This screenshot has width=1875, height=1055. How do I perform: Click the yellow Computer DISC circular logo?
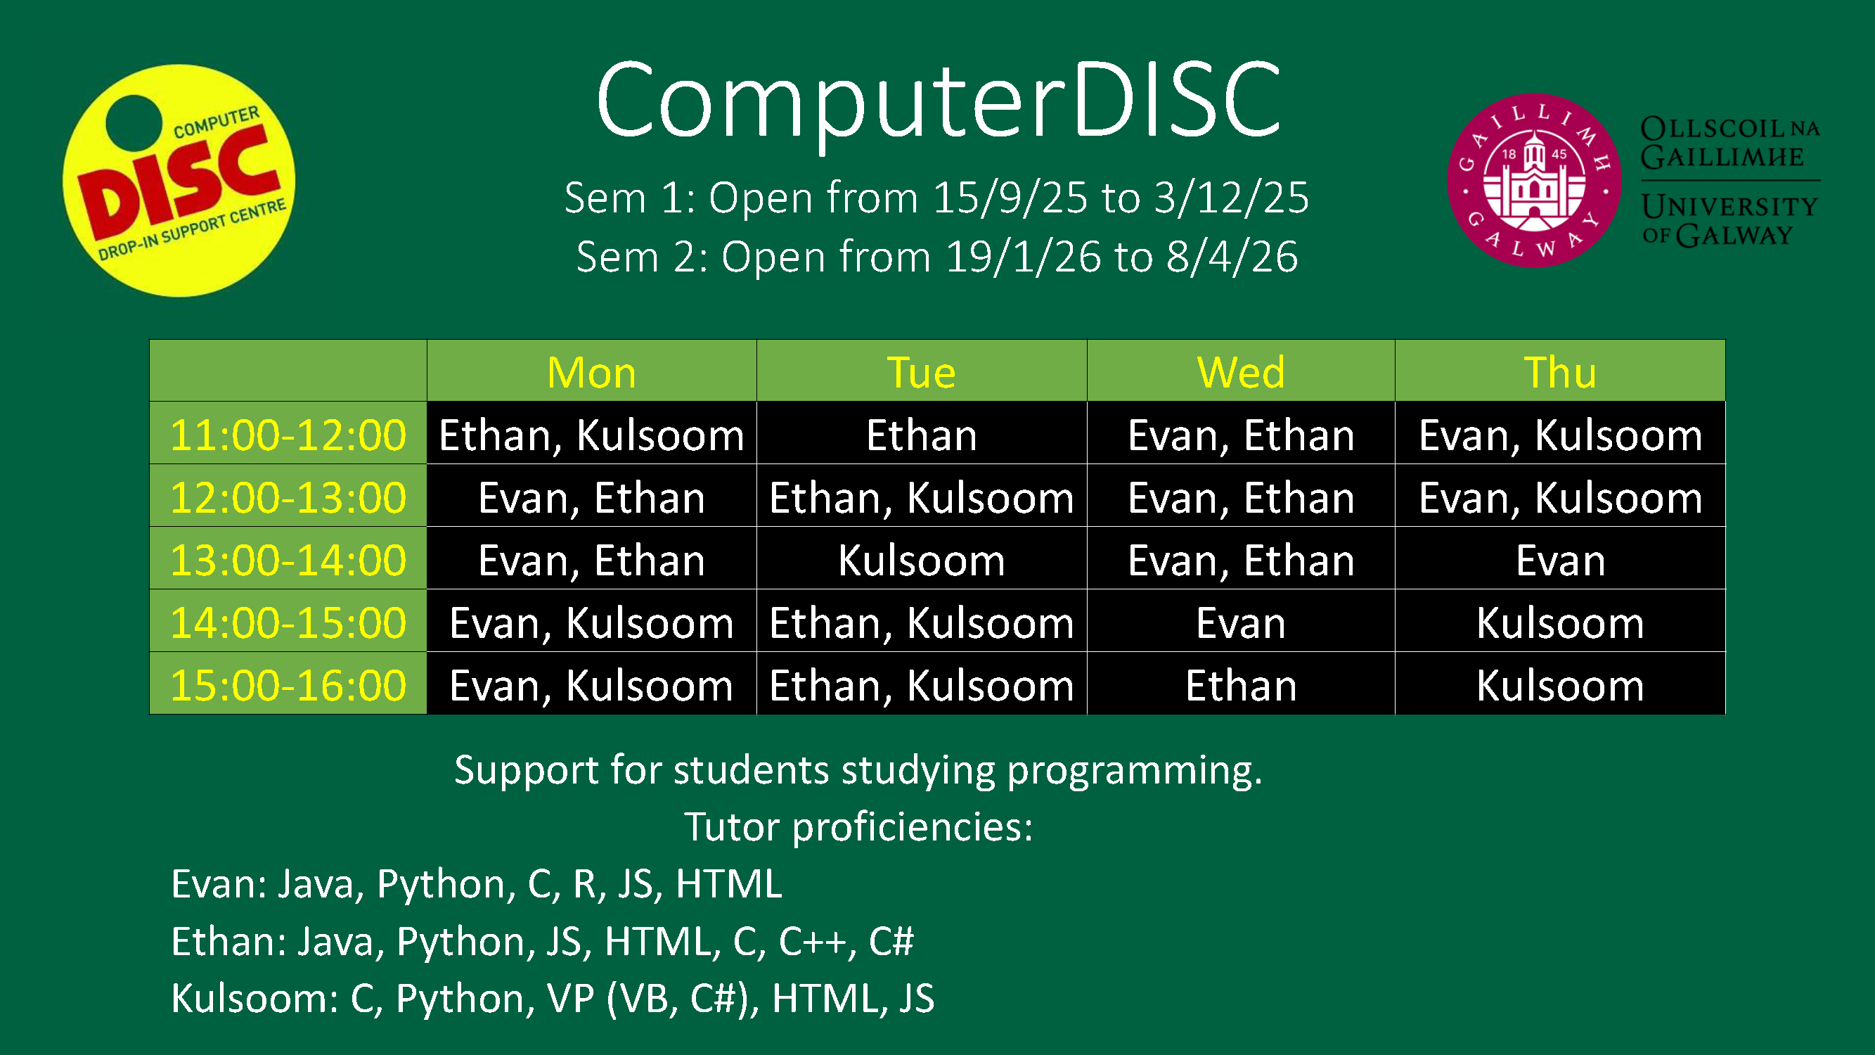click(x=179, y=181)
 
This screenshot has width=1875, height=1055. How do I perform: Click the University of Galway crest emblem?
click(x=1534, y=180)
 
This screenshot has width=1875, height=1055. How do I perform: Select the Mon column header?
click(x=591, y=372)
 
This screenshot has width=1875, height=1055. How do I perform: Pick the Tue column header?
click(x=921, y=372)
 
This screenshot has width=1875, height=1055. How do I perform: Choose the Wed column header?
click(x=1240, y=372)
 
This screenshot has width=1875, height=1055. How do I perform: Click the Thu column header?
click(x=1559, y=372)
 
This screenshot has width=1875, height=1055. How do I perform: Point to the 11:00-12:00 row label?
click(x=288, y=435)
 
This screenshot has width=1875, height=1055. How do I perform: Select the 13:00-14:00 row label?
click(x=288, y=560)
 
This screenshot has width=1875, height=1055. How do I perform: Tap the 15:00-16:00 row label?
click(x=288, y=685)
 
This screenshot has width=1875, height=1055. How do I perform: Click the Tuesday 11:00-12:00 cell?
click(x=921, y=435)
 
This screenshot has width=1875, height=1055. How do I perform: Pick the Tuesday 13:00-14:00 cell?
click(x=921, y=560)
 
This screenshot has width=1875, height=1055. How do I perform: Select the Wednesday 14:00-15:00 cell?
click(x=1240, y=622)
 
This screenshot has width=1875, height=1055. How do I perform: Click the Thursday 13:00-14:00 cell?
click(x=1559, y=560)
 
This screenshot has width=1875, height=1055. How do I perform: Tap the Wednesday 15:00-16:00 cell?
click(x=1240, y=685)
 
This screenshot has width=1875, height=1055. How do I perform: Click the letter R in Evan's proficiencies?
click(x=584, y=883)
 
